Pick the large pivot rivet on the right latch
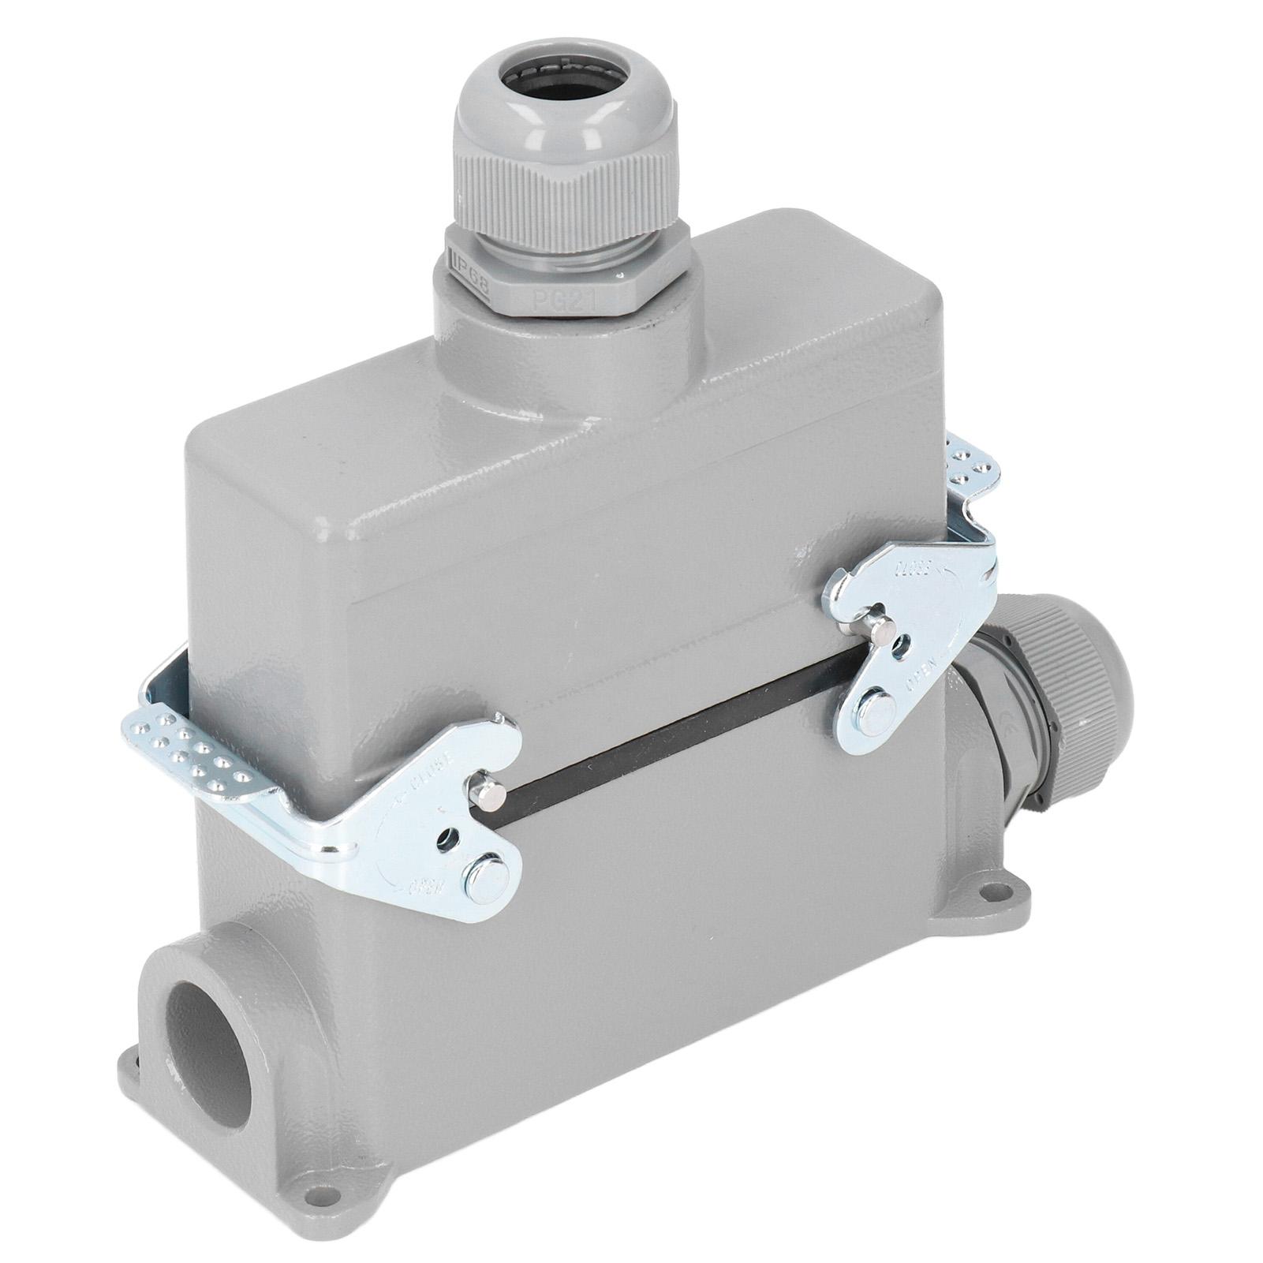[x=873, y=701]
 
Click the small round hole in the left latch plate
[x=448, y=835]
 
